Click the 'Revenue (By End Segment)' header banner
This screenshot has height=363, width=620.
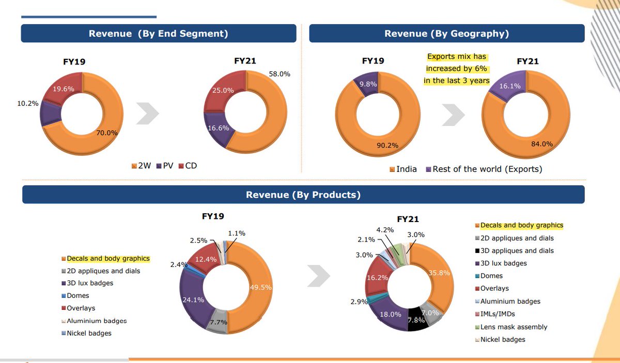pyautogui.click(x=158, y=34)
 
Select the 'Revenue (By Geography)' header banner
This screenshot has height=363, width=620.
pyautogui.click(x=446, y=34)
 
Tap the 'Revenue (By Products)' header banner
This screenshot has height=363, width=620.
pyautogui.click(x=303, y=195)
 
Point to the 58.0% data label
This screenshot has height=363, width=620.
pyautogui.click(x=280, y=74)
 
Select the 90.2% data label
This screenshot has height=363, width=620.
pyautogui.click(x=388, y=145)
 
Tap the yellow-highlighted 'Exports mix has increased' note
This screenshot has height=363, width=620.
pyautogui.click(x=456, y=69)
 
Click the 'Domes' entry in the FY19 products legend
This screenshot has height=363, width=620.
pyautogui.click(x=78, y=296)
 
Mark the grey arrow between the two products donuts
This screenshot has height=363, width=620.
pyautogui.click(x=319, y=276)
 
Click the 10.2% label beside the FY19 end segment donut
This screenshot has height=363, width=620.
pyautogui.click(x=28, y=103)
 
